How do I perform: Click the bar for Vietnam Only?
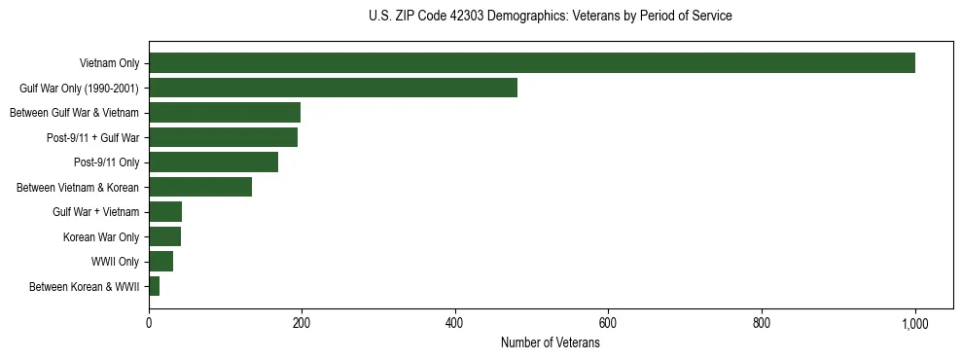[x=531, y=63]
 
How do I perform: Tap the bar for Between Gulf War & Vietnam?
[x=225, y=113]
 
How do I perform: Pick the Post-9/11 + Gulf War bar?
[x=223, y=137]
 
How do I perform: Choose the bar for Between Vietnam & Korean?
[x=200, y=187]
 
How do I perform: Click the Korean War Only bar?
[x=164, y=236]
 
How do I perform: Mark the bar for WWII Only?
[x=160, y=262]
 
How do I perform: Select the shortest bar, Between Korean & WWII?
[x=154, y=286]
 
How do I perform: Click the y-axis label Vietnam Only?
[x=109, y=64]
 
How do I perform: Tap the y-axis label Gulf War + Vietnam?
[x=95, y=212]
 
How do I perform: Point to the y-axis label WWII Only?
[x=115, y=262]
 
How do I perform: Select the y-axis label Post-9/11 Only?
[x=107, y=162]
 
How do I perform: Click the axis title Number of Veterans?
[x=550, y=343]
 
